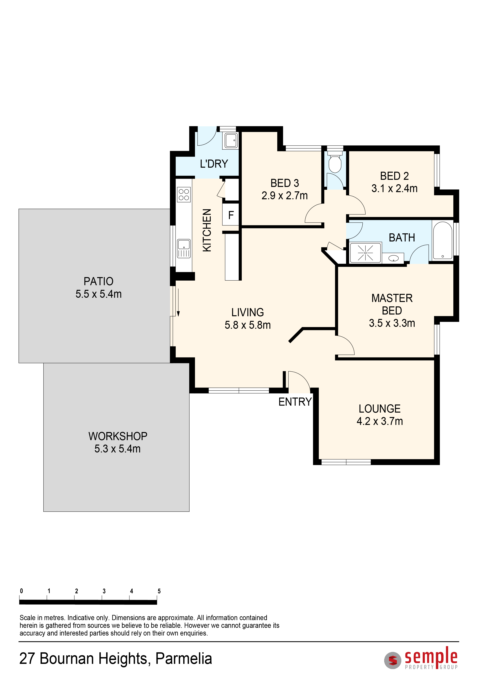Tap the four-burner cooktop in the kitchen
[x=184, y=195]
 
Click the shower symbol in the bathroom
[x=365, y=253]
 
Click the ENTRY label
[x=295, y=402]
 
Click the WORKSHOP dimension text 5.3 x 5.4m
[x=118, y=448]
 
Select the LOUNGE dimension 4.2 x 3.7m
[x=380, y=421]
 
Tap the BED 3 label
[x=285, y=183]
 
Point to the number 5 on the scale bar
[x=159, y=591]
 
